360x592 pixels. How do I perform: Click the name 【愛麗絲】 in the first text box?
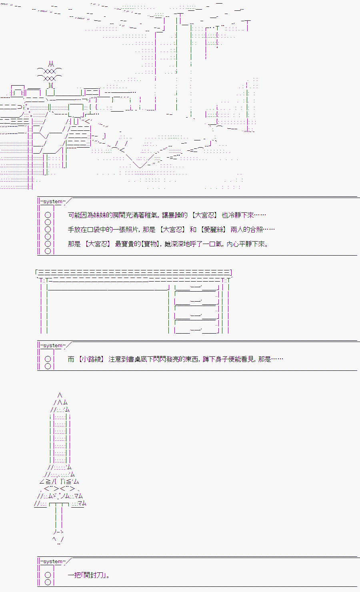click(213, 230)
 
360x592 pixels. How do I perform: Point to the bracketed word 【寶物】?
click(150, 244)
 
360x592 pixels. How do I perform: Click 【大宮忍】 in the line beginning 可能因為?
click(204, 215)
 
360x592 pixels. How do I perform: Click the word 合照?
click(256, 230)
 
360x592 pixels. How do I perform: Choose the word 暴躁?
click(175, 215)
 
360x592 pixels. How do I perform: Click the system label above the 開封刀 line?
click(53, 561)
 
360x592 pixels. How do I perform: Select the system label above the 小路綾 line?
click(53, 346)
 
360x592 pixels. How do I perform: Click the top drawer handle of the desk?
click(196, 286)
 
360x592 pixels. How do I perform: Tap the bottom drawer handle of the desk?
click(196, 330)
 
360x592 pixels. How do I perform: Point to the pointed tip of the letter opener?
click(60, 393)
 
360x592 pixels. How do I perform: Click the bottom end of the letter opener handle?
click(59, 544)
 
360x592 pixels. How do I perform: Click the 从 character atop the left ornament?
click(51, 64)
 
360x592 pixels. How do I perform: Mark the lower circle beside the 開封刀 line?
click(48, 582)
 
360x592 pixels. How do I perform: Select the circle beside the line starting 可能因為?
click(48, 215)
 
